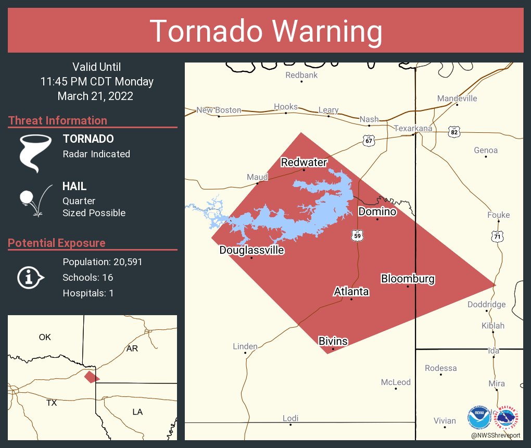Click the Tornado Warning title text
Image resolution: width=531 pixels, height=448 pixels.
[x=265, y=31]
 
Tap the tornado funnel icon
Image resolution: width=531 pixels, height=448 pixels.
[x=35, y=153]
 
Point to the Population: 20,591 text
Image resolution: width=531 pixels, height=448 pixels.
[x=103, y=262]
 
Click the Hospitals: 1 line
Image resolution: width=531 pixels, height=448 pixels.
[x=88, y=293]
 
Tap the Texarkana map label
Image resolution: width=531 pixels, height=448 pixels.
[x=413, y=128]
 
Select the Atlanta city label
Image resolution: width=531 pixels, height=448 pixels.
[x=351, y=291]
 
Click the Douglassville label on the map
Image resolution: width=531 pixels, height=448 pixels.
[x=251, y=250]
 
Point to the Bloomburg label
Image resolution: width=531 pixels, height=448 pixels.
[x=408, y=279]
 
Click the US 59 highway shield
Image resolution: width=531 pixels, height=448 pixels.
[x=357, y=235]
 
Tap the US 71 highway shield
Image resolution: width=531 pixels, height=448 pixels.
[x=498, y=236]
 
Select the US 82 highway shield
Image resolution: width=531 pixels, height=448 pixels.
[x=454, y=132]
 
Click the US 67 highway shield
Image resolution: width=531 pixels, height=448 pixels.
[x=369, y=140]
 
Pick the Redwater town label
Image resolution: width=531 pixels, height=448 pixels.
[x=304, y=163]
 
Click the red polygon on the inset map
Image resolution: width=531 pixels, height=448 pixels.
[x=92, y=377]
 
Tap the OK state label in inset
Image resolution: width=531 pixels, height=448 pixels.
[x=45, y=337]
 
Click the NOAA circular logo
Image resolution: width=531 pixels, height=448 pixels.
[x=478, y=417]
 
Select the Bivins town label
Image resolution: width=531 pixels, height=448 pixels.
[x=333, y=341]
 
